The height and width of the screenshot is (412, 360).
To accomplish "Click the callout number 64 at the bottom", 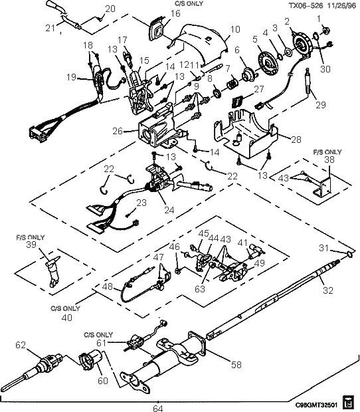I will coord(157,407).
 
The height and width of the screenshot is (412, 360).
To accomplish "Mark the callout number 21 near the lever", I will coord(49,28).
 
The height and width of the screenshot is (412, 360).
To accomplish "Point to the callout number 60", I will coord(83,382).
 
